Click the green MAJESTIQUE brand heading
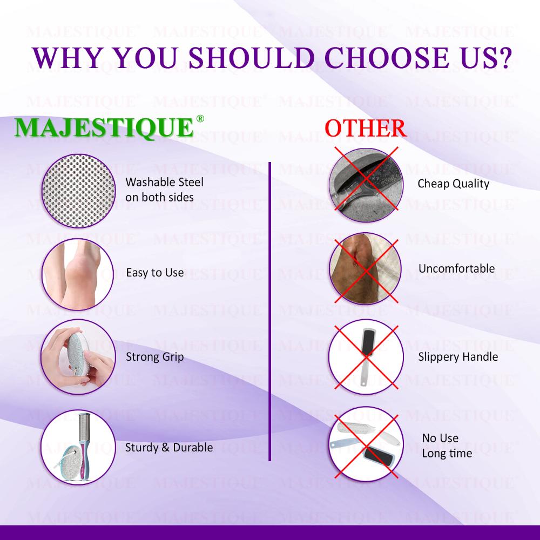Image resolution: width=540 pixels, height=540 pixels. click(104, 128)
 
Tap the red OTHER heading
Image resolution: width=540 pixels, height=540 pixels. click(366, 128)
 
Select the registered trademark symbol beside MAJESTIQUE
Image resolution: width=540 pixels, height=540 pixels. click(200, 119)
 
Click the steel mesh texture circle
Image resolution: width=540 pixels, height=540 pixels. click(78, 191)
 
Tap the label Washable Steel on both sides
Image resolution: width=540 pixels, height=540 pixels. click(164, 190)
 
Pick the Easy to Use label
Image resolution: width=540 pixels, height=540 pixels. click(154, 273)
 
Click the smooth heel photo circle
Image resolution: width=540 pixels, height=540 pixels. click(78, 274)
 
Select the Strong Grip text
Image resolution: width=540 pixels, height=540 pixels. click(154, 357)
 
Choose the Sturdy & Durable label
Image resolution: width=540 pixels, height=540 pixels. click(168, 447)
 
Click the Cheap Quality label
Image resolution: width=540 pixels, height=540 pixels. click(453, 184)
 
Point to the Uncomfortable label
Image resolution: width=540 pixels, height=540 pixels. click(456, 268)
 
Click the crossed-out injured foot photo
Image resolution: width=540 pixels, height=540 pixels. click(366, 268)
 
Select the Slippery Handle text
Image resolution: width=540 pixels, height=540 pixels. click(458, 357)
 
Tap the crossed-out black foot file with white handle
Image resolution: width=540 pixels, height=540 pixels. click(366, 357)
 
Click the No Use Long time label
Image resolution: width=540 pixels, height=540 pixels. click(447, 446)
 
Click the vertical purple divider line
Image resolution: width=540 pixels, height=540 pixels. click(269, 312)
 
